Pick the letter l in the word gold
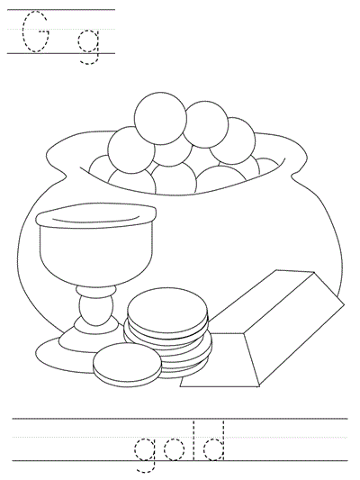tap(197, 445)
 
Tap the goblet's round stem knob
tap(92, 312)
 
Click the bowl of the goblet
tap(95, 252)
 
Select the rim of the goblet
tap(95, 216)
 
